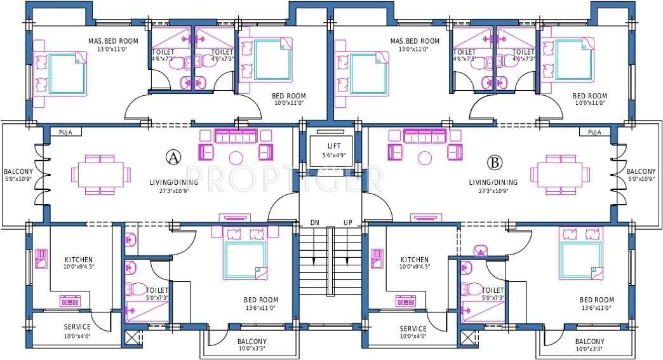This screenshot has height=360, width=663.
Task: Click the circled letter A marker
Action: (171, 157)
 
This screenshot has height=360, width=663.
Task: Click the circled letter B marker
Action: (493, 162)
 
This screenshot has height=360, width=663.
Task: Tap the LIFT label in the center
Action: (330, 145)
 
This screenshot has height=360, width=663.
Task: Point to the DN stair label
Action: (314, 222)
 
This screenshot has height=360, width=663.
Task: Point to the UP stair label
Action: (347, 222)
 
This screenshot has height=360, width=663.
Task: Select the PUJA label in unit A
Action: (65, 132)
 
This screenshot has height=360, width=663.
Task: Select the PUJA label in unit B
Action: (594, 132)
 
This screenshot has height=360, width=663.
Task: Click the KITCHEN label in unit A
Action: (79, 260)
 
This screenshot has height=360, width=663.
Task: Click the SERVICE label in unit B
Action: (413, 328)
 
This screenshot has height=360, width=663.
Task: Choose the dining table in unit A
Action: (102, 173)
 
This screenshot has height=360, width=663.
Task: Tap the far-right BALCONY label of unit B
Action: (641, 171)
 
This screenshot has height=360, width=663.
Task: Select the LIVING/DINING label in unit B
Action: (493, 182)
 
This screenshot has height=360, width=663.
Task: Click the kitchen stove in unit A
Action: (69, 301)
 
